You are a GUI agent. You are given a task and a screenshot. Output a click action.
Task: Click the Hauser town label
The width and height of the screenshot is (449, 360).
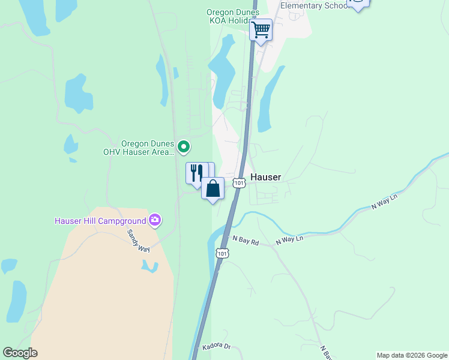(x=265, y=178)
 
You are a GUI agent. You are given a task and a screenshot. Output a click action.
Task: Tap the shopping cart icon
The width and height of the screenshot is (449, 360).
(x=261, y=29)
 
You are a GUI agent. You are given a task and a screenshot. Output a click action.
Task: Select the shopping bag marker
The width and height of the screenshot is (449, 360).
(x=212, y=188)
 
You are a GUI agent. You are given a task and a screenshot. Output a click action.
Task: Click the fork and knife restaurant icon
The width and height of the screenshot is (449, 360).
(x=196, y=173)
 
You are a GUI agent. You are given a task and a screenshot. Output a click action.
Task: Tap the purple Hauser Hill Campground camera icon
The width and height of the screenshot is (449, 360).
(x=155, y=220)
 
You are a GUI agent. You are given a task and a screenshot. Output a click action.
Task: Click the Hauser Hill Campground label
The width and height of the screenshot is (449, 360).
(x=101, y=220)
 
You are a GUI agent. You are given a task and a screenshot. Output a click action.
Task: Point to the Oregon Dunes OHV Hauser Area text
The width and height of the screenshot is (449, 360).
(x=147, y=148)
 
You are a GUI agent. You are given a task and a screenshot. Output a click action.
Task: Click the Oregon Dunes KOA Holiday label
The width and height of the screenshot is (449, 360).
(x=233, y=16)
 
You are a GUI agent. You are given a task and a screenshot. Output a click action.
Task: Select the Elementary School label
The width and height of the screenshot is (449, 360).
(x=314, y=5)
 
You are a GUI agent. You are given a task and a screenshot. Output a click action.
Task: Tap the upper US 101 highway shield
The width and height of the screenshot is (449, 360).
(x=240, y=182)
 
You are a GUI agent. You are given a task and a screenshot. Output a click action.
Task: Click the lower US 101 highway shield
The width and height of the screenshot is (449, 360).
(x=222, y=253)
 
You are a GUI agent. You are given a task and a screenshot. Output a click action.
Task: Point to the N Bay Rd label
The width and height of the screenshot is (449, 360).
(x=246, y=242)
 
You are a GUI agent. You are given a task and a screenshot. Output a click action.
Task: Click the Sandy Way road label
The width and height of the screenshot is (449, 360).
(x=137, y=240)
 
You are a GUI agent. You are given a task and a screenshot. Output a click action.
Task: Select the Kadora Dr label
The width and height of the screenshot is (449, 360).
(x=217, y=346)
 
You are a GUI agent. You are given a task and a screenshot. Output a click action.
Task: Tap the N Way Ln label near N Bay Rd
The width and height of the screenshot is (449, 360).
(x=290, y=239)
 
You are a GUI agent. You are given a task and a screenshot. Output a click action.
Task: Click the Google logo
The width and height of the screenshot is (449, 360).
(x=20, y=353)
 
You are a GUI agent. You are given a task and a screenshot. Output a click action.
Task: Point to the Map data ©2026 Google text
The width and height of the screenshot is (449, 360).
(x=411, y=355)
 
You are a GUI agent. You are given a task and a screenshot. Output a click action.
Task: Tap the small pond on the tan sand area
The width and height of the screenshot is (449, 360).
(x=149, y=266)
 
